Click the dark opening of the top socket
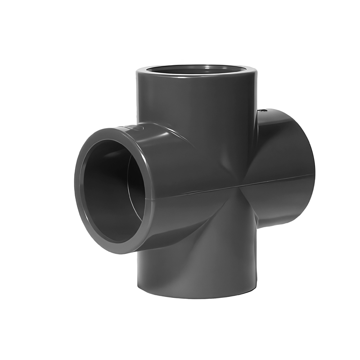pyautogui.click(x=197, y=71)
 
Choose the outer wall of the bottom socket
pyautogui.click(x=198, y=270)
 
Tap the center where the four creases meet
pyautogui.click(x=239, y=187)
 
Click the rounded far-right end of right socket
pyautogui.click(x=310, y=171)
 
